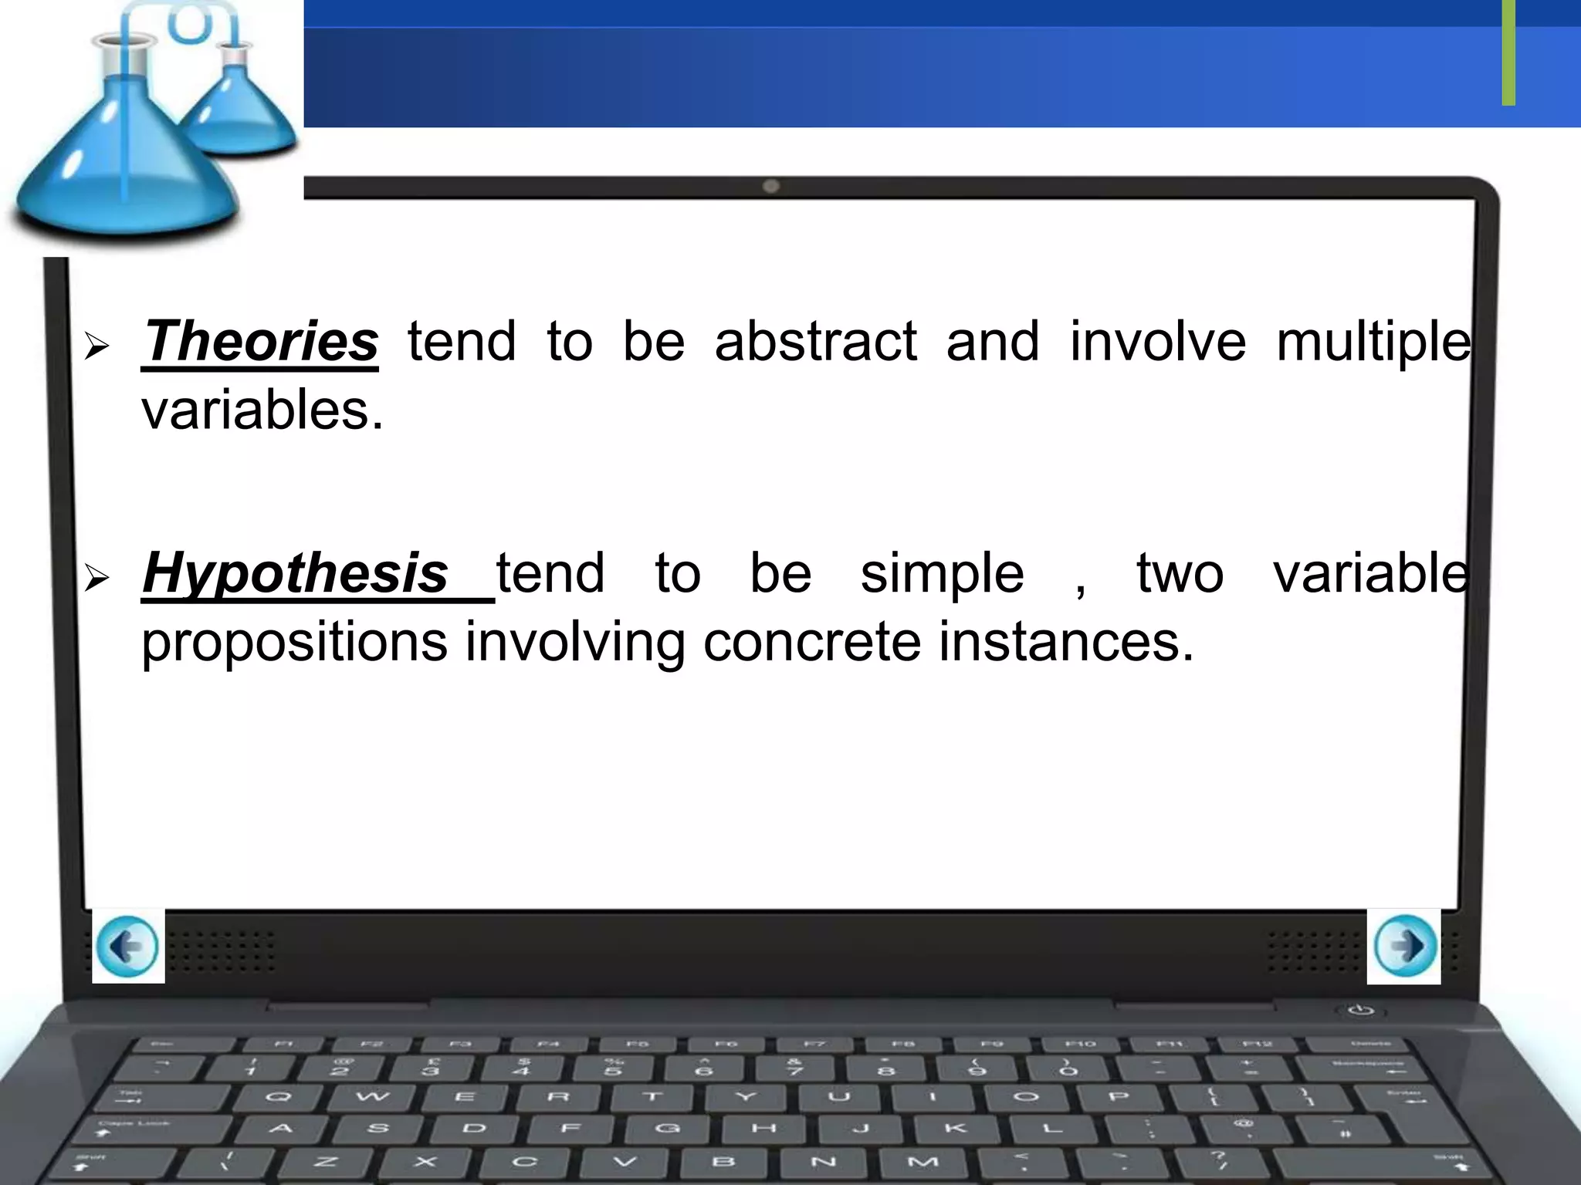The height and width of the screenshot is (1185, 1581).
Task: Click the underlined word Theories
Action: pos(260,341)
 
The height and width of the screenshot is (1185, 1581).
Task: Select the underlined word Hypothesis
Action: pos(296,573)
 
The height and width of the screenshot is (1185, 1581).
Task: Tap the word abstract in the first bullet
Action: pos(815,341)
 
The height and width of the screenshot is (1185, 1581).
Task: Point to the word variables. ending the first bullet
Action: pos(262,410)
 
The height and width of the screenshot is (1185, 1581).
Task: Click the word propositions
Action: pos(294,643)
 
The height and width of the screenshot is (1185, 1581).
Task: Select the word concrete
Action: pos(811,642)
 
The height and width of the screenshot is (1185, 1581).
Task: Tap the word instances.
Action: pos(1065,642)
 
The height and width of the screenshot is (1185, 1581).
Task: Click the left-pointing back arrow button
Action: pos(128,946)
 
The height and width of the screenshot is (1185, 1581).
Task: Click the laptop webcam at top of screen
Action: pos(770,186)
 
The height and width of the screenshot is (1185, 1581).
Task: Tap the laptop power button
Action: pos(1361,1010)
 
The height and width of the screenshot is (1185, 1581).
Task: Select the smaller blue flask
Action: pos(239,108)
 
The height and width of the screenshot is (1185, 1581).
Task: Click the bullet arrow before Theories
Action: pos(96,346)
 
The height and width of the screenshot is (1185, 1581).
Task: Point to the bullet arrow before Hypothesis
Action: pos(96,578)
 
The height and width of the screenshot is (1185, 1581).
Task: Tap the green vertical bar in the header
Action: pos(1508,52)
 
